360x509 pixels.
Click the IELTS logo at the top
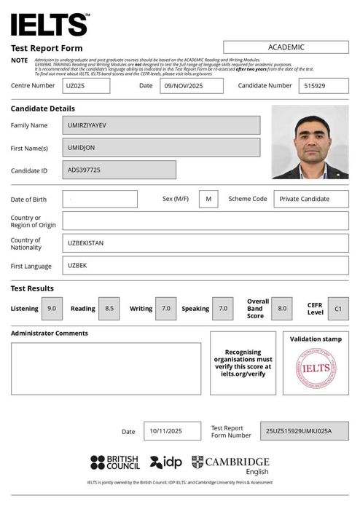[50, 25]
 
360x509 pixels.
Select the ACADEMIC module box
[286, 47]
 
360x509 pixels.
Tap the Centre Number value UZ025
[86, 85]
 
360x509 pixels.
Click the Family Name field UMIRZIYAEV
[161, 125]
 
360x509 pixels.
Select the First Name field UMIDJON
[161, 147]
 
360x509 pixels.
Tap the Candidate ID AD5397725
[119, 170]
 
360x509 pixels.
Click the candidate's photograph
[310, 142]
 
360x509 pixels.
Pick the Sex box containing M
[208, 199]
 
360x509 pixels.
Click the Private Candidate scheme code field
[310, 199]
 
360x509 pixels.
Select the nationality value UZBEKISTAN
[205, 242]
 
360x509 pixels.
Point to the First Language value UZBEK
[205, 265]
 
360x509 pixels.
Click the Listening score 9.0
[52, 309]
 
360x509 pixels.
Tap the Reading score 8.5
[109, 309]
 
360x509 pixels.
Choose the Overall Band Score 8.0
[282, 309]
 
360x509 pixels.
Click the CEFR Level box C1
[337, 309]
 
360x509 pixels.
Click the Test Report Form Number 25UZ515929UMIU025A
[304, 431]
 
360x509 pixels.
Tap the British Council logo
[115, 462]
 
